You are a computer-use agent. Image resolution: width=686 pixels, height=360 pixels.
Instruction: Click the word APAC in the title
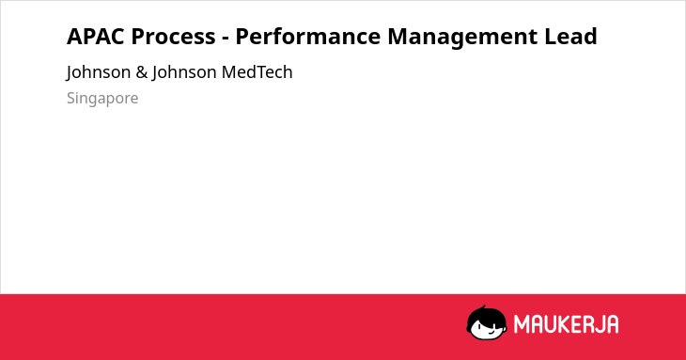click(x=97, y=37)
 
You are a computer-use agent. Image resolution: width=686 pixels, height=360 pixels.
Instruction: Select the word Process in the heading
click(x=173, y=37)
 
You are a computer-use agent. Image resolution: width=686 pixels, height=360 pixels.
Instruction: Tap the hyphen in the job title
click(x=226, y=39)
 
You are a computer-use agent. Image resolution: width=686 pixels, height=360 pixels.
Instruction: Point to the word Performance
click(x=308, y=37)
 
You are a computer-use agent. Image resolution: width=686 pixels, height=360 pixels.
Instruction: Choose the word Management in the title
click(x=463, y=38)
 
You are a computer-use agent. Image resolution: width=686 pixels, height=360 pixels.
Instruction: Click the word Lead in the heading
click(x=570, y=37)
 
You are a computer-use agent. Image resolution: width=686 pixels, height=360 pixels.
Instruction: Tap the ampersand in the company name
click(x=141, y=72)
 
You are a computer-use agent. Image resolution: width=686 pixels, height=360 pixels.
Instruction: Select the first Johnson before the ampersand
click(x=99, y=73)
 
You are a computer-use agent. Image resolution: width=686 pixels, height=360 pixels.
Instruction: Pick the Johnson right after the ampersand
click(x=184, y=73)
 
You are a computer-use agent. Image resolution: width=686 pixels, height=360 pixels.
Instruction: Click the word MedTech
click(x=257, y=72)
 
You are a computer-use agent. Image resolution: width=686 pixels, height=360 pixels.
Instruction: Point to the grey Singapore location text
click(x=102, y=99)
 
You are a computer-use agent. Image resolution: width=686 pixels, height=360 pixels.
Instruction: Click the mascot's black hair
click(x=485, y=316)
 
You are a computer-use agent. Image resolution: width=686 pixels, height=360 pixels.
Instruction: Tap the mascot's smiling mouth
click(x=491, y=332)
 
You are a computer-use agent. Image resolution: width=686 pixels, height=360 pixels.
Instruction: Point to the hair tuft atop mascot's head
click(x=483, y=307)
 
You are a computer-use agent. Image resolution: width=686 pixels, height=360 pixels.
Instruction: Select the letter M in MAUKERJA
click(x=522, y=324)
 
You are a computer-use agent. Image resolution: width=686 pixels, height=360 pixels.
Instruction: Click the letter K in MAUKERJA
click(x=565, y=324)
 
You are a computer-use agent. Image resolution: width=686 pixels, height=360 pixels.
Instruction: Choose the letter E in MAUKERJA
click(x=576, y=324)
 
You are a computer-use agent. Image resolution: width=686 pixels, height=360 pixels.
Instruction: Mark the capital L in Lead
click(x=550, y=37)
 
